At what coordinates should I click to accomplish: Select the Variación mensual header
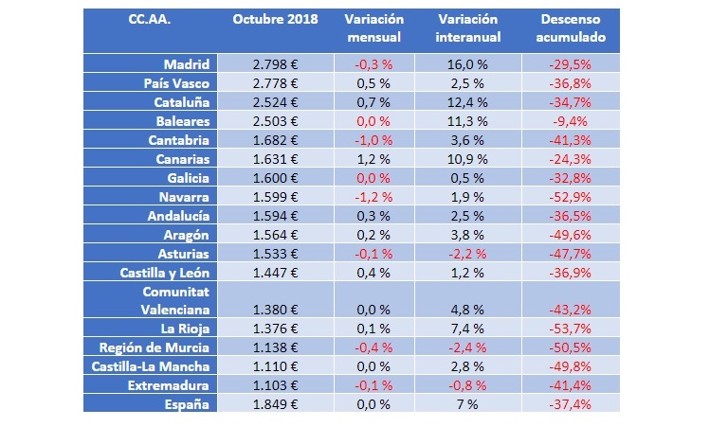click(x=373, y=28)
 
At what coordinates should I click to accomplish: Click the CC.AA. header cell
click(x=147, y=20)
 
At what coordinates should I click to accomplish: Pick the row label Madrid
click(x=186, y=64)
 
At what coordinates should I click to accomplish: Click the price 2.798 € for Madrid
click(x=276, y=64)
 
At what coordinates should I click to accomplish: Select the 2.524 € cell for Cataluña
click(x=276, y=102)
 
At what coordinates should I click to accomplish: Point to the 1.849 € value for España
click(x=276, y=404)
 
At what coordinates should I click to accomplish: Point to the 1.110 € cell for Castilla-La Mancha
click(x=276, y=366)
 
